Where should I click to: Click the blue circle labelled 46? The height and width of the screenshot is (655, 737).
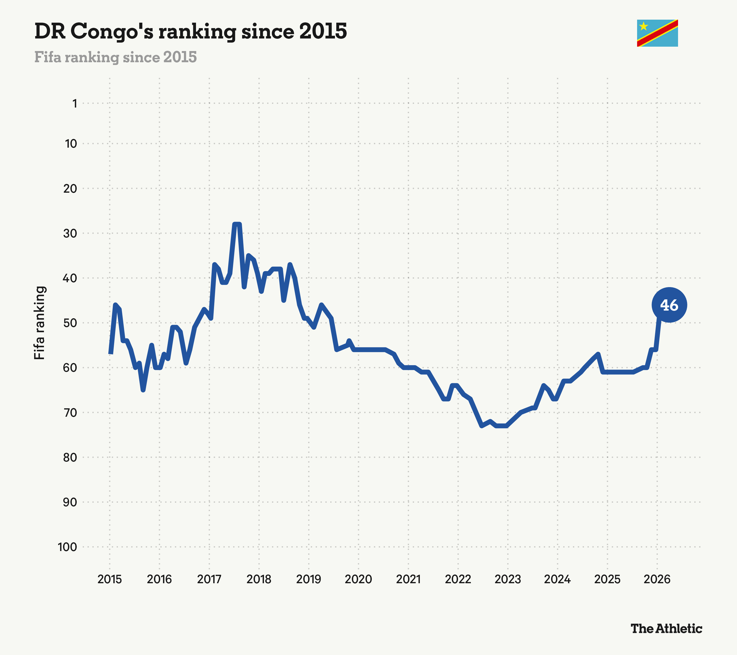669,305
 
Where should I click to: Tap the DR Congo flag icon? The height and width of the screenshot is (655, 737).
657,33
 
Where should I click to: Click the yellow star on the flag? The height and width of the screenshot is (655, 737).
644,26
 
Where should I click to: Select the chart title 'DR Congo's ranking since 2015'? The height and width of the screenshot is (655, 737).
191,31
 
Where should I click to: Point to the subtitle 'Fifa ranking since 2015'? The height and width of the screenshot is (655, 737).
116,57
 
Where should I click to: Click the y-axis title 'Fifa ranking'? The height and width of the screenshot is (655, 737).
39,323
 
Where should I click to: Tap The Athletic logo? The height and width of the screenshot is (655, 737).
666,628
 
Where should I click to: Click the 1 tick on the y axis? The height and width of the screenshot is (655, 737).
75,104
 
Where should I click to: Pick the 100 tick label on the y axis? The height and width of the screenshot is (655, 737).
67,547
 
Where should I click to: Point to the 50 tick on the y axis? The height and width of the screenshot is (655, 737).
70,323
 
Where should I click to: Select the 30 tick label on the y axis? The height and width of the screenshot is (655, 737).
70,233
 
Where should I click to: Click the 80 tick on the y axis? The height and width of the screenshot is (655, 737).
70,457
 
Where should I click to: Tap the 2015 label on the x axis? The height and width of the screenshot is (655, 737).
110,580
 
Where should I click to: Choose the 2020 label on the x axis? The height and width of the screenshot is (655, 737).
358,580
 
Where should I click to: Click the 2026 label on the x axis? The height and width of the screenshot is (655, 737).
657,580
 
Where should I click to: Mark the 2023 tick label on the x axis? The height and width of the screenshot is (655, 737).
508,580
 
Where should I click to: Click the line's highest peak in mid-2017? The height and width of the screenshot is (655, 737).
237,224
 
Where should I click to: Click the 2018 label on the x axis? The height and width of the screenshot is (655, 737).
259,580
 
